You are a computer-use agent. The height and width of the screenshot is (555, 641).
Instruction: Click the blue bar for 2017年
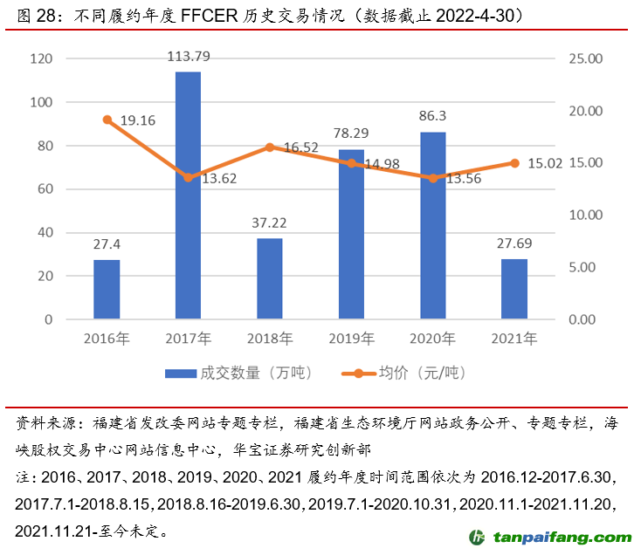[x=188, y=195]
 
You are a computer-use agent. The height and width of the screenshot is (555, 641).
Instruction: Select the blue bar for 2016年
[x=107, y=290]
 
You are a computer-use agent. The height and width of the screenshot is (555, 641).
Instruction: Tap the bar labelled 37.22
[x=270, y=279]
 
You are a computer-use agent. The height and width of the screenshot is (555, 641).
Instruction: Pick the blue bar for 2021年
[x=514, y=289]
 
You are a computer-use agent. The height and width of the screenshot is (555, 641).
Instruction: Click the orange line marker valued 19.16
[x=107, y=120]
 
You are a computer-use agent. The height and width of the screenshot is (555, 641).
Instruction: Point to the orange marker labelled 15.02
[x=514, y=163]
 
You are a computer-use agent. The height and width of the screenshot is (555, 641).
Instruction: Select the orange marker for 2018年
[x=270, y=147]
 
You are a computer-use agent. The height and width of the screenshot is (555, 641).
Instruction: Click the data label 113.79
[x=189, y=58]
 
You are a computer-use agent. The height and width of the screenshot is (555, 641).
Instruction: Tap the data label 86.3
[x=433, y=116]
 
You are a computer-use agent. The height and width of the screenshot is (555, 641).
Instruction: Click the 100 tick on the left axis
[x=41, y=102]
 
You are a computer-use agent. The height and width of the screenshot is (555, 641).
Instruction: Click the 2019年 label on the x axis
[x=351, y=338]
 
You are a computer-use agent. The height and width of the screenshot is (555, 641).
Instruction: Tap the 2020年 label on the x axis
[x=432, y=338]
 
